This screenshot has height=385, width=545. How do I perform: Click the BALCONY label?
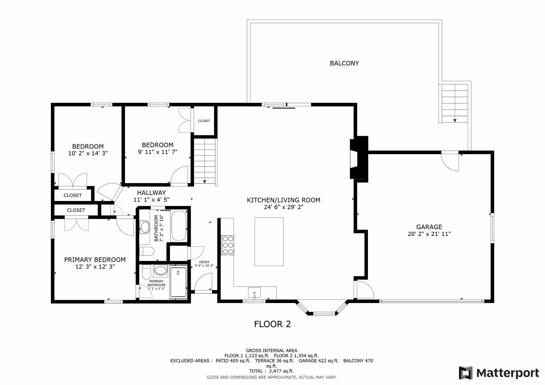click(x=344, y=63)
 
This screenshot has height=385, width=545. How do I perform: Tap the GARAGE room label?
click(x=429, y=227)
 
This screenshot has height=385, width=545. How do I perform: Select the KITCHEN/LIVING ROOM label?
click(x=284, y=200)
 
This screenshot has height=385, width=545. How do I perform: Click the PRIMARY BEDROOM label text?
click(x=95, y=260)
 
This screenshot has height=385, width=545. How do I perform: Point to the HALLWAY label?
click(x=152, y=193)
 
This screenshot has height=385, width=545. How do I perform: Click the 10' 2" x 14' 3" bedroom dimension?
click(x=88, y=153)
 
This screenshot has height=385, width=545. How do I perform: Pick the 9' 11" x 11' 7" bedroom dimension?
click(x=158, y=152)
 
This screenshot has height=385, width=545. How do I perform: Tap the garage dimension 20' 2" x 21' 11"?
click(x=429, y=234)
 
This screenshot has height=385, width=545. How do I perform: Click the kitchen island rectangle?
click(x=269, y=242)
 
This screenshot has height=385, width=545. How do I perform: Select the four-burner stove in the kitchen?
click(x=228, y=245)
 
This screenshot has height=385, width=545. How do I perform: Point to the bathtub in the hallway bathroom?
click(x=179, y=226)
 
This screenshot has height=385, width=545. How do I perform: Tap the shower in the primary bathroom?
click(x=178, y=282)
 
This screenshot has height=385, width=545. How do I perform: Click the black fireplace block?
click(x=359, y=157)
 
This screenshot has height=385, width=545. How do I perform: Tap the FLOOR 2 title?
click(x=272, y=324)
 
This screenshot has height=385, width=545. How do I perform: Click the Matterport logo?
click(x=499, y=373)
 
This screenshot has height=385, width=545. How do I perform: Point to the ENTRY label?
click(x=204, y=262)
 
